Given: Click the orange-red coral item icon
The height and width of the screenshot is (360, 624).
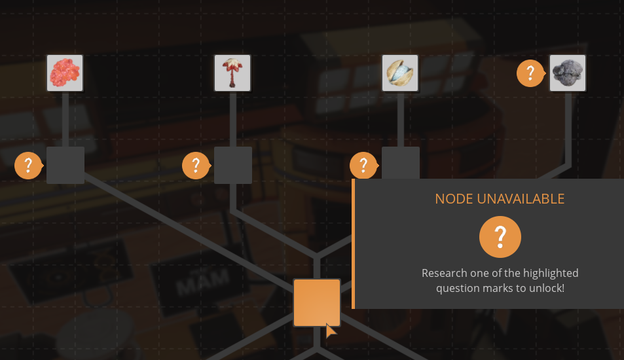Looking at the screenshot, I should (65, 73).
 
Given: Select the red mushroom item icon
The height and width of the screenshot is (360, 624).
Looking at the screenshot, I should (232, 73).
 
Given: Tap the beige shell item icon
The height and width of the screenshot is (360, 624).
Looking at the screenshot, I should (400, 73).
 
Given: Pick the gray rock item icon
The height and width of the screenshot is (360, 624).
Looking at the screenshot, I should (568, 73).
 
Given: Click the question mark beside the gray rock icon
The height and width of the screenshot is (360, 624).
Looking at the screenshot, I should (530, 73).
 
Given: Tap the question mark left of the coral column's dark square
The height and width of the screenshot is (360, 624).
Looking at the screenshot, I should (28, 165).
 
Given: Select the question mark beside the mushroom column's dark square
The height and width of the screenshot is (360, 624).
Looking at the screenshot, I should (196, 165).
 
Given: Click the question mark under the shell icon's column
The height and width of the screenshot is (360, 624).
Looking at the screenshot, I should (363, 165).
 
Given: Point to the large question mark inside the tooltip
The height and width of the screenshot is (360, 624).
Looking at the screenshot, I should (500, 237).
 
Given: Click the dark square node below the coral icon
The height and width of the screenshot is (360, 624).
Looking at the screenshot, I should (65, 165).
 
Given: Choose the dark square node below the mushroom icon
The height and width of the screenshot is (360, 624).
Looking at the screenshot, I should (233, 165).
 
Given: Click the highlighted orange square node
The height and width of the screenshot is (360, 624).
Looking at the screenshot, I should (317, 302).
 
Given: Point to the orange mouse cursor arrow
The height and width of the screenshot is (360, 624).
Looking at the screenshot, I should (331, 330).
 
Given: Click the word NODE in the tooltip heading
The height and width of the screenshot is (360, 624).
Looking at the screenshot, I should (454, 199).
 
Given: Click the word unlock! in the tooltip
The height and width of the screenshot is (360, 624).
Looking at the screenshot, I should (547, 287).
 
